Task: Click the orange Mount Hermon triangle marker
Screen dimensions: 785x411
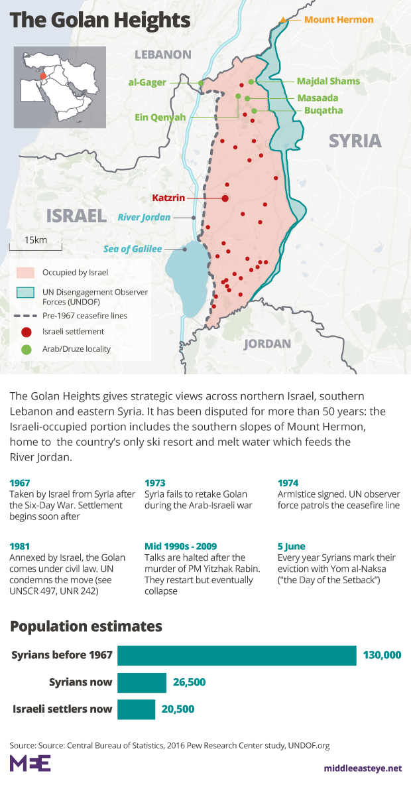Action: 284,20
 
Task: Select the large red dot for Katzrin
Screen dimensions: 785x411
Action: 225,198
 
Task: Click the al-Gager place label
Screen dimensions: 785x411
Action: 147,82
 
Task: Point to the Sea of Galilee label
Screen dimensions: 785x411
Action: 133,249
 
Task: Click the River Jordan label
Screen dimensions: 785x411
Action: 144,217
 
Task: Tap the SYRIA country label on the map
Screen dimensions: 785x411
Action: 355,141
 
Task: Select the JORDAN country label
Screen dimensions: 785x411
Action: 267,344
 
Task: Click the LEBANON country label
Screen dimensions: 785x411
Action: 162,54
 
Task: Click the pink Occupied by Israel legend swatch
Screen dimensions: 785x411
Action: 25,272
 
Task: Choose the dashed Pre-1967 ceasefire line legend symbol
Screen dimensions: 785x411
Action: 25,316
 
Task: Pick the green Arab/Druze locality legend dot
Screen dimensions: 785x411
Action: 25,348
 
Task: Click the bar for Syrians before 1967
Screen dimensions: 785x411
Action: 237,656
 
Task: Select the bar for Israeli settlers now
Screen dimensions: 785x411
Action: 137,709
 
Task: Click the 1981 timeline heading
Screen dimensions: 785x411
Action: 21,546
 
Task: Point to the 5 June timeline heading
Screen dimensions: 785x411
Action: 292,546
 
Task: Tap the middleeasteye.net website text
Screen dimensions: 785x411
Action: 362,768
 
